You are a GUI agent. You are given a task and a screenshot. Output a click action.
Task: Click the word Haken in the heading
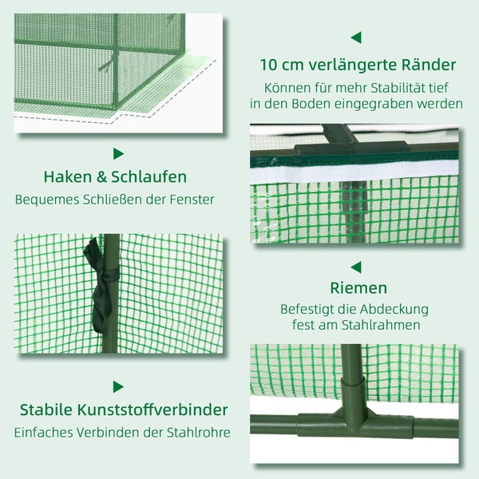coord(66,177)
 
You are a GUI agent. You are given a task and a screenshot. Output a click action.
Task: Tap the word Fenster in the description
coord(192,199)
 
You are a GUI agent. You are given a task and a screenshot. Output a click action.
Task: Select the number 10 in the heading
coord(269,65)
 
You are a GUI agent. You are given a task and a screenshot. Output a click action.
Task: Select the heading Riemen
coord(358,287)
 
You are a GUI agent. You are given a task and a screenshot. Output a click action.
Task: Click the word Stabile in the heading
coord(49,410)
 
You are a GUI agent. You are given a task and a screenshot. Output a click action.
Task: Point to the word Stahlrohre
coord(196,432)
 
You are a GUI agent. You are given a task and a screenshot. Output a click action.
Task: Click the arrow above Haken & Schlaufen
coord(119,153)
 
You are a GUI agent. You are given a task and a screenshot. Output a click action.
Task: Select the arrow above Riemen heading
coord(356,267)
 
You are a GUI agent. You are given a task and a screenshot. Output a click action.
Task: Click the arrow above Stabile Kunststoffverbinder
coord(119,386)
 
